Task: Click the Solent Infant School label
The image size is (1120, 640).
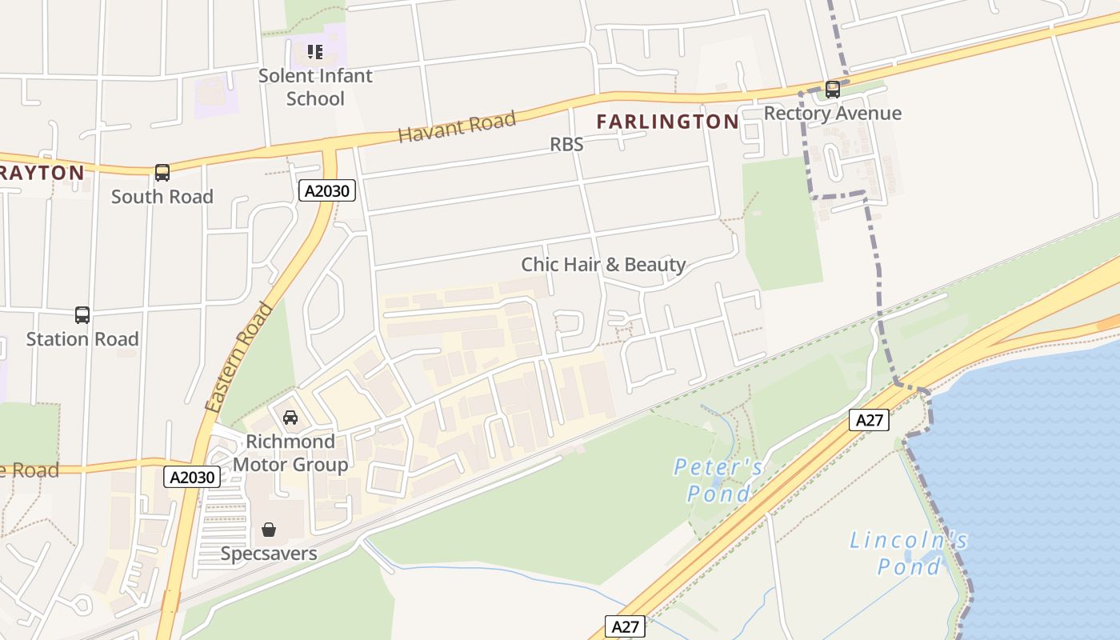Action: (x=315, y=87)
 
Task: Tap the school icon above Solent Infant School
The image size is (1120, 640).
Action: (x=315, y=52)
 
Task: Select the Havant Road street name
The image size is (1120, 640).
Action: (x=456, y=128)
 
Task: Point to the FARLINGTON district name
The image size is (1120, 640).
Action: (x=667, y=122)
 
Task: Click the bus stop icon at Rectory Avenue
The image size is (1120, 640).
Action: (x=833, y=90)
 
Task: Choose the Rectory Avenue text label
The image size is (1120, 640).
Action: (x=832, y=114)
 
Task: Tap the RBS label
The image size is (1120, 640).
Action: (x=566, y=145)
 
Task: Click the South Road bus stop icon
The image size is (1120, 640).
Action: (x=162, y=173)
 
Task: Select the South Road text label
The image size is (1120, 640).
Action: (x=162, y=197)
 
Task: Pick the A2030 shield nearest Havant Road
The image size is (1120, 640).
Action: (x=327, y=190)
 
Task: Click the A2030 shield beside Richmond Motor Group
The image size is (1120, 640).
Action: (x=192, y=478)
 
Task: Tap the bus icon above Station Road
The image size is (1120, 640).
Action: (x=82, y=315)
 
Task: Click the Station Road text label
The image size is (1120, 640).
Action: (x=82, y=339)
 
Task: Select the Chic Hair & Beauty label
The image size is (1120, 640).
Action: (x=603, y=265)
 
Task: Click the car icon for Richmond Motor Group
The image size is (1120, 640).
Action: (x=290, y=418)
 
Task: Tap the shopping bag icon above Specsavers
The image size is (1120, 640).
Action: (x=269, y=530)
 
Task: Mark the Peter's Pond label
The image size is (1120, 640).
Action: (x=718, y=479)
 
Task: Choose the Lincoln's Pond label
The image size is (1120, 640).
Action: (x=908, y=554)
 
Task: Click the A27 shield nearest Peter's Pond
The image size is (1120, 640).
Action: (x=870, y=420)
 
